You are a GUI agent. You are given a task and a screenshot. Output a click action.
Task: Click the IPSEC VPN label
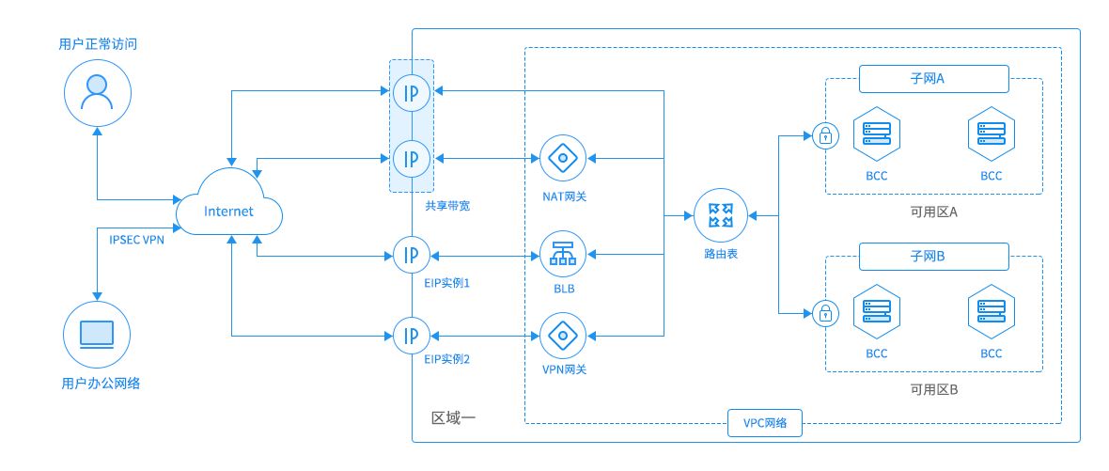(x=137, y=241)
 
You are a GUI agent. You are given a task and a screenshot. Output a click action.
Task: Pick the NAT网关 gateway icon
(x=563, y=157)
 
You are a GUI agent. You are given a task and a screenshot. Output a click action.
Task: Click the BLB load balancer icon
(x=563, y=253)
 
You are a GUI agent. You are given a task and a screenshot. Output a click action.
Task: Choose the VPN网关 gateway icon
(x=563, y=335)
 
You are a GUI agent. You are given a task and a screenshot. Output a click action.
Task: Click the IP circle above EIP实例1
(x=412, y=253)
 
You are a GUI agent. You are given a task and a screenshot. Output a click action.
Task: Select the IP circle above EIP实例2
(x=412, y=335)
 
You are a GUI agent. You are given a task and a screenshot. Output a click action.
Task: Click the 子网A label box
(x=933, y=79)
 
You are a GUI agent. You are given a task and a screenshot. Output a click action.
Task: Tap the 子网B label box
(x=933, y=256)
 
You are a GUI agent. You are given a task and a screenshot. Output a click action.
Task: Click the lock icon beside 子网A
(x=825, y=136)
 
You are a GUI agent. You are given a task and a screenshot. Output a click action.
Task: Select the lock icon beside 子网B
(x=825, y=312)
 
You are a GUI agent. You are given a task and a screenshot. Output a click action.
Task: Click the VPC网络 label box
(x=767, y=424)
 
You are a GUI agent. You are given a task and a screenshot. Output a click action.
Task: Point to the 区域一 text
(x=454, y=417)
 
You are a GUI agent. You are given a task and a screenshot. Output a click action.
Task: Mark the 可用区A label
(x=933, y=212)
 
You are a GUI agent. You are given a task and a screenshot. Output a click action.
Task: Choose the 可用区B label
(x=933, y=388)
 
